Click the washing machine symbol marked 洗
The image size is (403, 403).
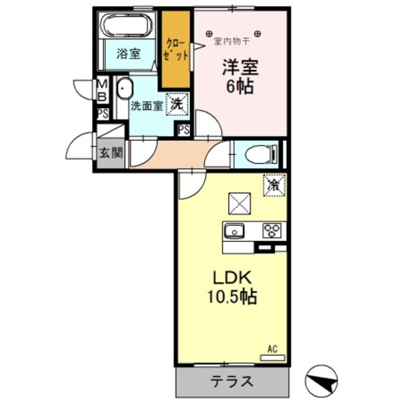pyautogui.click(x=177, y=105)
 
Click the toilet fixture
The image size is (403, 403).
pyautogui.click(x=262, y=154)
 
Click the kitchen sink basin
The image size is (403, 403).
pyautogui.click(x=236, y=231)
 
